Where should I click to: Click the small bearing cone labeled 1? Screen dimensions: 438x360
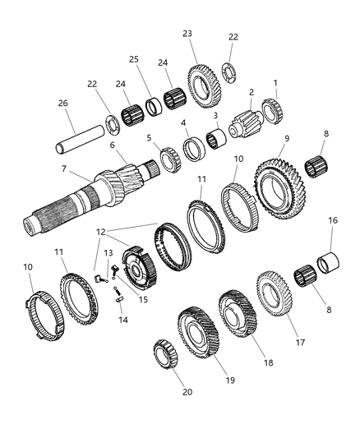pyautogui.click(x=271, y=110)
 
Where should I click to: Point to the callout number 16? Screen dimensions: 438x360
pyautogui.click(x=332, y=220)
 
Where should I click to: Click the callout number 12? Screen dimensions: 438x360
pyautogui.click(x=101, y=231)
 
